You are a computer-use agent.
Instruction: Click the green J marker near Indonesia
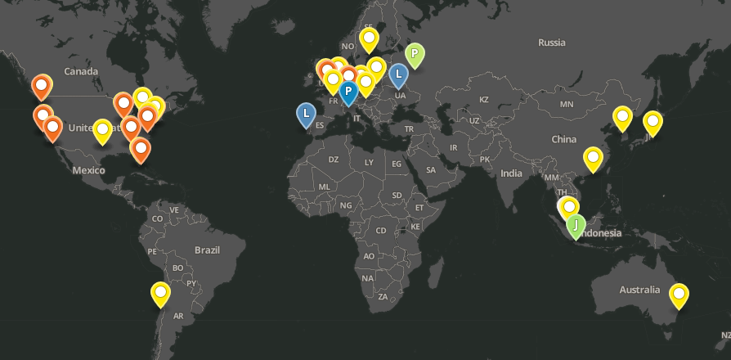click(576, 224)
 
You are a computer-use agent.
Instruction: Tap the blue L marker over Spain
click(306, 113)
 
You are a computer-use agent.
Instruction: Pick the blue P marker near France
click(348, 91)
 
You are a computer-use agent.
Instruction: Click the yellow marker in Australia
click(679, 294)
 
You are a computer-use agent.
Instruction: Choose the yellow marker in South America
click(161, 292)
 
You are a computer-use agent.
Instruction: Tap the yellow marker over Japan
click(652, 122)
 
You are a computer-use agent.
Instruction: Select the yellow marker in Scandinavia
click(370, 38)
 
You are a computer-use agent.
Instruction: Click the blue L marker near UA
click(398, 74)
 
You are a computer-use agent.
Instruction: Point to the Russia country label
click(552, 43)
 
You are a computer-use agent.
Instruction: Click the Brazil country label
click(208, 250)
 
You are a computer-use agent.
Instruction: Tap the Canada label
click(81, 72)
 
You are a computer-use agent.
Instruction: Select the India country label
click(511, 173)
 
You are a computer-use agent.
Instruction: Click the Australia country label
click(639, 290)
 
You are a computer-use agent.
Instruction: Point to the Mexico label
click(88, 170)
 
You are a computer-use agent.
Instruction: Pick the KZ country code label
click(483, 100)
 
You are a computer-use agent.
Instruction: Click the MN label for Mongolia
click(567, 105)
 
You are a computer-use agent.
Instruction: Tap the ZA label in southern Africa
click(383, 296)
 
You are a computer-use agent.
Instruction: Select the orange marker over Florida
click(141, 150)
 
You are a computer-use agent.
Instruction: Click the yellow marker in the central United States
click(102, 129)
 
